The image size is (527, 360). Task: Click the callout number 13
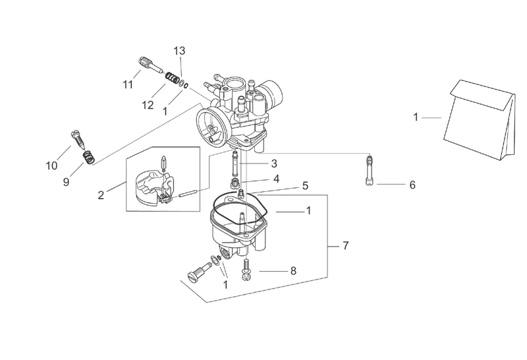pyautogui.click(x=179, y=51)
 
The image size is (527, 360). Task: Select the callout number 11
pyautogui.click(x=128, y=84)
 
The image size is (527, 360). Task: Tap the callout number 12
pyautogui.click(x=148, y=105)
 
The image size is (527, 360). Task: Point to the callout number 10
pyautogui.click(x=52, y=165)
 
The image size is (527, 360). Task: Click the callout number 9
pyautogui.click(x=66, y=182)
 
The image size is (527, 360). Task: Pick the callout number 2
pyautogui.click(x=101, y=195)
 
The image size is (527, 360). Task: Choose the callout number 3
pyautogui.click(x=274, y=164)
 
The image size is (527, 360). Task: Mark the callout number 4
pyautogui.click(x=276, y=179)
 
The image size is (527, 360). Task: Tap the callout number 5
pyautogui.click(x=305, y=186)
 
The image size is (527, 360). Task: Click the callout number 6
pyautogui.click(x=412, y=185)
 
